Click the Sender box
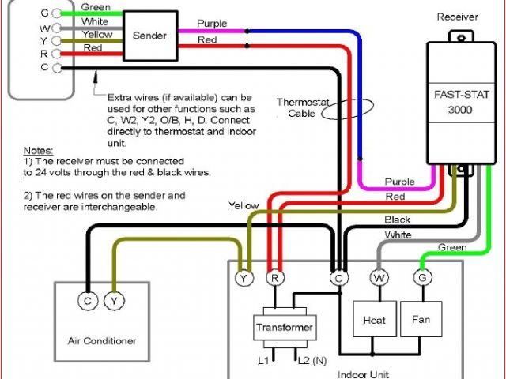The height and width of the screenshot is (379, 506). click(x=149, y=36)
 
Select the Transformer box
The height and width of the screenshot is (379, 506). click(x=284, y=327)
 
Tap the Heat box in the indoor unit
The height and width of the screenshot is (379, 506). click(x=374, y=320)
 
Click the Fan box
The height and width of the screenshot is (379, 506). click(x=421, y=320)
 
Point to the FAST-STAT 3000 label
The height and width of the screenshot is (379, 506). click(x=454, y=101)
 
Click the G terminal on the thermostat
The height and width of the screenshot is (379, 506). click(x=56, y=13)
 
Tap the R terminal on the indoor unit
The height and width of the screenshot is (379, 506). click(x=274, y=278)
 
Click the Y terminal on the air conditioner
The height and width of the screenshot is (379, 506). click(x=114, y=300)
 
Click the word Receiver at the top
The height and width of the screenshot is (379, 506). click(x=456, y=16)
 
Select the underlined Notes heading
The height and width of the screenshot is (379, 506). click(x=37, y=149)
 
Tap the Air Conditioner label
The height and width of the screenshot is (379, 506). click(x=100, y=341)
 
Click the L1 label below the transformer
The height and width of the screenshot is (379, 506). click(x=263, y=361)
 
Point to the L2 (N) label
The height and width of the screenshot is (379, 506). click(x=308, y=361)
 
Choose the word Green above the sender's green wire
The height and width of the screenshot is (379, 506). click(x=96, y=7)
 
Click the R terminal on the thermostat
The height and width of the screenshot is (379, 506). click(x=56, y=54)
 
